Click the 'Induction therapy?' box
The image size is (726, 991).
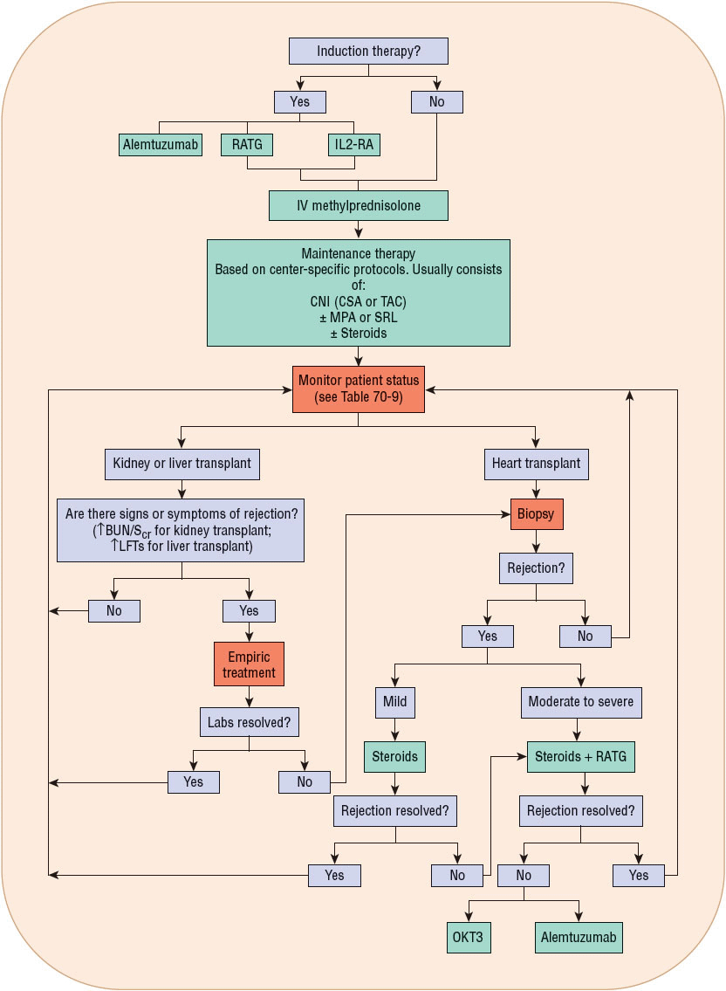[368, 52]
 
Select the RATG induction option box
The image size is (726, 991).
[247, 144]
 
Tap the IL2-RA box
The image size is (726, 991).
[353, 144]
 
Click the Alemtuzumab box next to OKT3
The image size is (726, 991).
[578, 939]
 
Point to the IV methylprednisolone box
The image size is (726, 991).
[359, 206]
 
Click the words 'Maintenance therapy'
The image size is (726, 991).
[359, 254]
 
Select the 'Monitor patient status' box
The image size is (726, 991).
[359, 389]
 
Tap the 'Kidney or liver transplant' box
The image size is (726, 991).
[181, 463]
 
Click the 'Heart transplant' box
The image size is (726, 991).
[536, 463]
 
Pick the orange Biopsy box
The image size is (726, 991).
[538, 515]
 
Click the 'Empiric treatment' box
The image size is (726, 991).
[249, 665]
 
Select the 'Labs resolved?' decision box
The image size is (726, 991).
[249, 723]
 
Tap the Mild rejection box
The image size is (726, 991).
[394, 701]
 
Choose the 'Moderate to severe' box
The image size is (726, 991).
[581, 701]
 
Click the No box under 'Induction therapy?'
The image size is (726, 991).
[436, 102]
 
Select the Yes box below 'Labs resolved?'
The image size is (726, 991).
[193, 781]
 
